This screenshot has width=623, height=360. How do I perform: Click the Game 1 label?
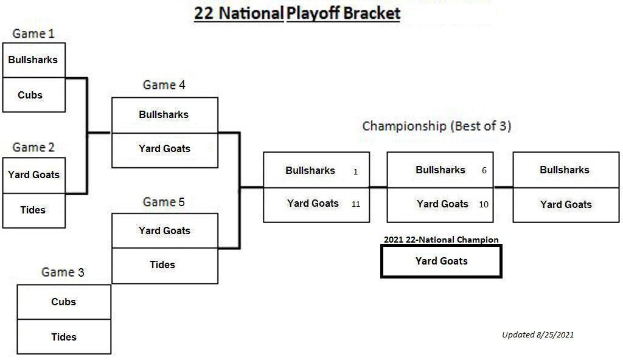pyautogui.click(x=33, y=34)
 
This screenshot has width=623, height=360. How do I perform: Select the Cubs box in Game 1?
pyautogui.click(x=34, y=95)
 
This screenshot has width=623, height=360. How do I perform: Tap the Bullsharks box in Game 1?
pyautogui.click(x=34, y=60)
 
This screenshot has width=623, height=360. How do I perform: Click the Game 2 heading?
pyautogui.click(x=33, y=147)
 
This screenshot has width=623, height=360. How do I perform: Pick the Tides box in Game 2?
pyautogui.click(x=34, y=210)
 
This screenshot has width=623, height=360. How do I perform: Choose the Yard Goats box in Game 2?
pyautogui.click(x=34, y=176)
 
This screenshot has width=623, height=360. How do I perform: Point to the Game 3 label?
pyautogui.click(x=63, y=272)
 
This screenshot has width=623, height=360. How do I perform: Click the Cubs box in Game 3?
pyautogui.click(x=64, y=302)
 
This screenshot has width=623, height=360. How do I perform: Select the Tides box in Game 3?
pyautogui.click(x=64, y=336)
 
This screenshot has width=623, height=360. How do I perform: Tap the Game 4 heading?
pyautogui.click(x=164, y=85)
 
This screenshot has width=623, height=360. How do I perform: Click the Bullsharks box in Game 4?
pyautogui.click(x=165, y=115)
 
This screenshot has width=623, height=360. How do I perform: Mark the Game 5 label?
pyautogui.click(x=164, y=202)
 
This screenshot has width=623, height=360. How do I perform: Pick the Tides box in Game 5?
pyautogui.click(x=165, y=266)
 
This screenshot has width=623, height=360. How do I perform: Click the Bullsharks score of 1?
pyautogui.click(x=355, y=171)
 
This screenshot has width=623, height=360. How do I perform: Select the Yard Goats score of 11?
pyautogui.click(x=355, y=204)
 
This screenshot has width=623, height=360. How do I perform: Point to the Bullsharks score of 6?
pyautogui.click(x=484, y=170)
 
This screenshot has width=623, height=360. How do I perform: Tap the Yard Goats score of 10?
pyautogui.click(x=484, y=204)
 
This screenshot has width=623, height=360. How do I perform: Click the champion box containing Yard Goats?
pyautogui.click(x=442, y=261)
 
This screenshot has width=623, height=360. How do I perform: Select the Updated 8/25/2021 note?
pyautogui.click(x=538, y=334)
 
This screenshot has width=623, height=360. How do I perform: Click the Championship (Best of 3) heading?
pyautogui.click(x=437, y=126)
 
